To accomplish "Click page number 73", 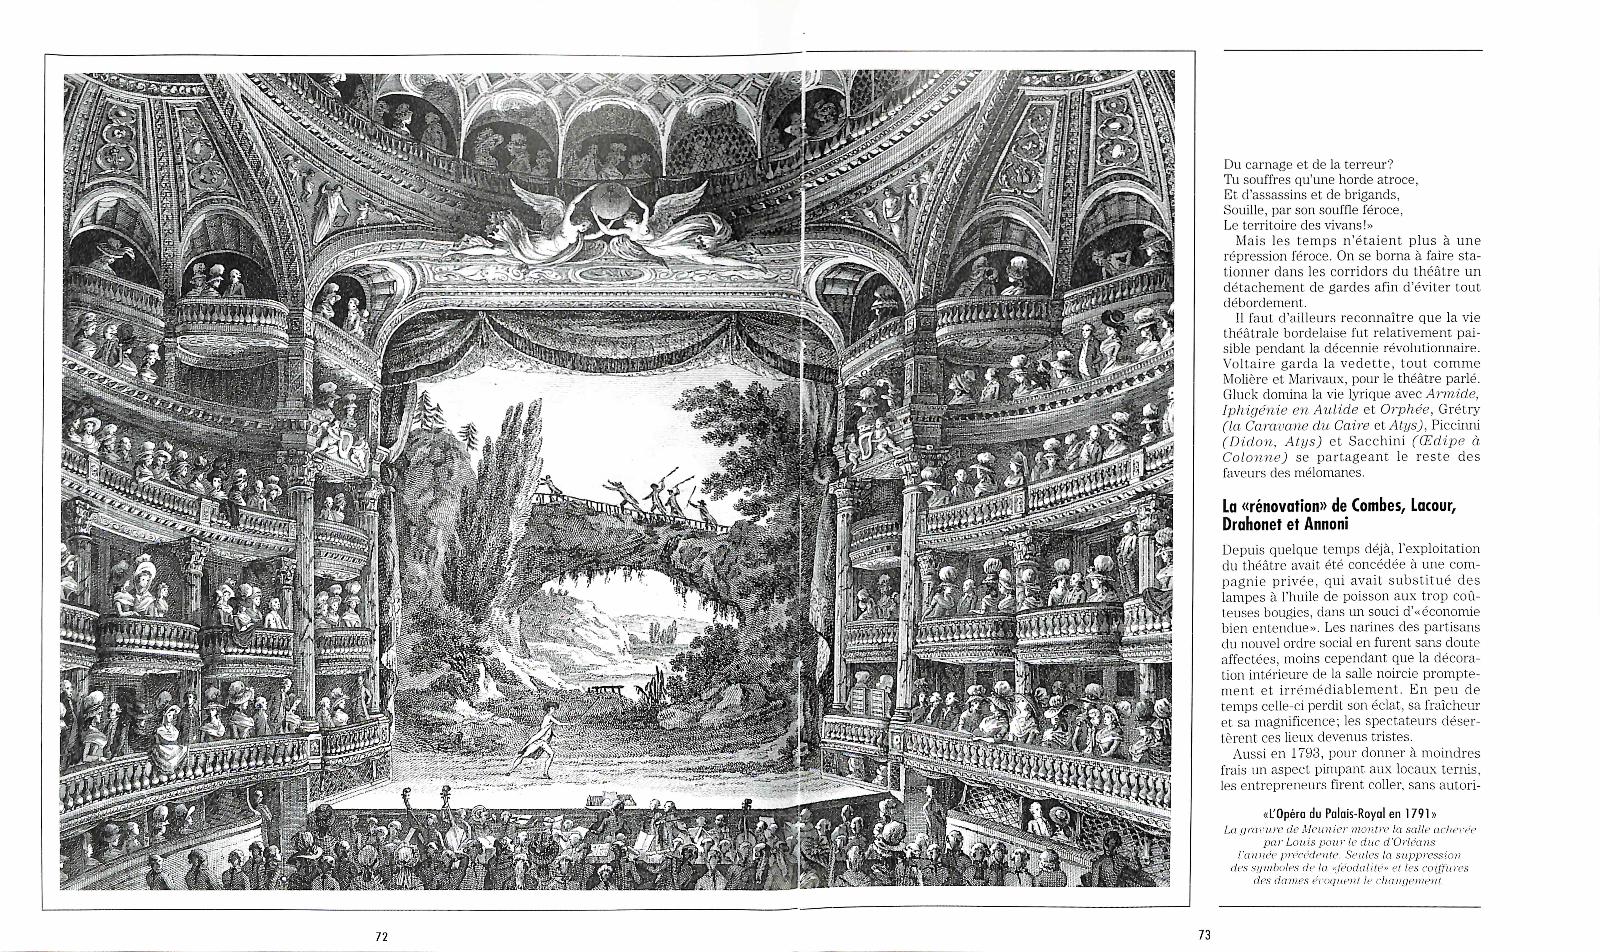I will (x=1204, y=935).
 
